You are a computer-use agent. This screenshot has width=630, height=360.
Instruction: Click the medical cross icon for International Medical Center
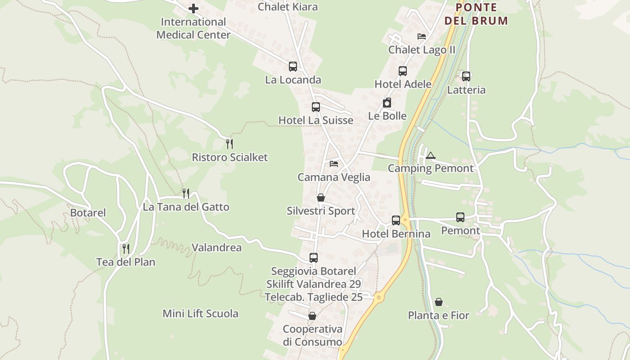pos(193,9)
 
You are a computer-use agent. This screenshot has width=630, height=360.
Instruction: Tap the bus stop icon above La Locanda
pos(293,67)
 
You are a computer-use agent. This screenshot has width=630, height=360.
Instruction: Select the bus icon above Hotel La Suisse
pos(316,107)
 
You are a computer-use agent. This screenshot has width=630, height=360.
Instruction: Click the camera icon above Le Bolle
pos(387,103)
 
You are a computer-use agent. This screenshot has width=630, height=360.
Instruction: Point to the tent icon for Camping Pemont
pos(431,156)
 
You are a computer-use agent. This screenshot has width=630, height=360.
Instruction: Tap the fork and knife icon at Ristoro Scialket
pos(229,144)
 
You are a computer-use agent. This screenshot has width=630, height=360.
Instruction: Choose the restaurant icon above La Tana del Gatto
pos(186,193)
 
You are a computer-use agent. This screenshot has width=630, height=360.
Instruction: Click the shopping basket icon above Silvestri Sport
pos(321,198)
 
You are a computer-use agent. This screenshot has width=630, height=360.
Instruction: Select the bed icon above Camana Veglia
pos(334,164)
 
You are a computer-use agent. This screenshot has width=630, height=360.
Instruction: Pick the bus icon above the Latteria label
pos(466,76)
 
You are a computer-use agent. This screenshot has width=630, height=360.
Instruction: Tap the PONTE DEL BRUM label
pos(476,14)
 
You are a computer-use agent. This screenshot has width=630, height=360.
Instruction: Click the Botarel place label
pos(88,213)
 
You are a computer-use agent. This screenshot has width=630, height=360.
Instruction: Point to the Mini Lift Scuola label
pos(200,314)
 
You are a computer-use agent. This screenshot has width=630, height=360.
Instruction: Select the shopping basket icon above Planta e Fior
pos(439,302)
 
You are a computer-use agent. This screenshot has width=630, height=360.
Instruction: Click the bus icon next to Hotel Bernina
pos(396,220)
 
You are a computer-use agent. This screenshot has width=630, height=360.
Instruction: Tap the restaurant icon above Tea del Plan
pos(126,248)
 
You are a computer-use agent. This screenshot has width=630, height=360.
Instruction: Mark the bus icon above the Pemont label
pos(460,217)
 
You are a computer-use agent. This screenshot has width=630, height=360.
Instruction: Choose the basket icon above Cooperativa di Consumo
pos(312,316)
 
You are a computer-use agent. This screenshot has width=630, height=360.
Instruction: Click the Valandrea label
pos(216,247)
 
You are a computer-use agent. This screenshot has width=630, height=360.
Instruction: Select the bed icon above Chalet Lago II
pos(422,36)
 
